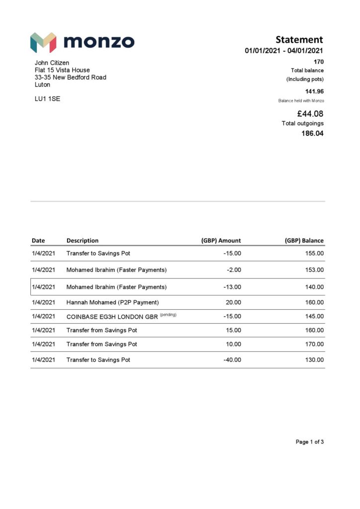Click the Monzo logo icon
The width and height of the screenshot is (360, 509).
pyautogui.click(x=43, y=43)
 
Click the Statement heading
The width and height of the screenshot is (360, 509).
pyautogui.click(x=299, y=40)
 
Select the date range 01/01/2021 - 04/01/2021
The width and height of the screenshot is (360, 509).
pyautogui.click(x=284, y=51)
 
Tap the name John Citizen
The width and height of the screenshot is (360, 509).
pyautogui.click(x=52, y=63)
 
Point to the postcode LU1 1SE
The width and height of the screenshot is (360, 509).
pyautogui.click(x=47, y=99)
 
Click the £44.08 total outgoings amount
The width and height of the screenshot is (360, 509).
pyautogui.click(x=310, y=114)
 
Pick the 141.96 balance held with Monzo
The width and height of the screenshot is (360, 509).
pyautogui.click(x=314, y=91)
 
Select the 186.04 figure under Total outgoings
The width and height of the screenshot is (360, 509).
pyautogui.click(x=312, y=133)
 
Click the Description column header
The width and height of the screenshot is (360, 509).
pyautogui.click(x=83, y=241)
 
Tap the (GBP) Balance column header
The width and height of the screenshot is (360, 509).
pyautogui.click(x=304, y=241)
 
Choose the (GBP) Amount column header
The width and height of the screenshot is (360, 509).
pyautogui.click(x=221, y=241)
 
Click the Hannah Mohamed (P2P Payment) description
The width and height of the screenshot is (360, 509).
pyautogui.click(x=112, y=302)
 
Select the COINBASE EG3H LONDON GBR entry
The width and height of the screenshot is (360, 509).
pyautogui.click(x=112, y=316)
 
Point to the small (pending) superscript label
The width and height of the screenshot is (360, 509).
pyautogui.click(x=168, y=315)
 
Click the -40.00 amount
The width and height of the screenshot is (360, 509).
pyautogui.click(x=232, y=360)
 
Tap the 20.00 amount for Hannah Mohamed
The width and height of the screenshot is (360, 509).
pyautogui.click(x=234, y=302)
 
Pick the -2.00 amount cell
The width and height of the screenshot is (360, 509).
pyautogui.click(x=234, y=270)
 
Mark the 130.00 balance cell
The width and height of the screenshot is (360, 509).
pyautogui.click(x=314, y=360)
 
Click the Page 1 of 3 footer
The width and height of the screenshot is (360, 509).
pyautogui.click(x=310, y=442)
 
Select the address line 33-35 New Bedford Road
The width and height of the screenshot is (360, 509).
pyautogui.click(x=70, y=77)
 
